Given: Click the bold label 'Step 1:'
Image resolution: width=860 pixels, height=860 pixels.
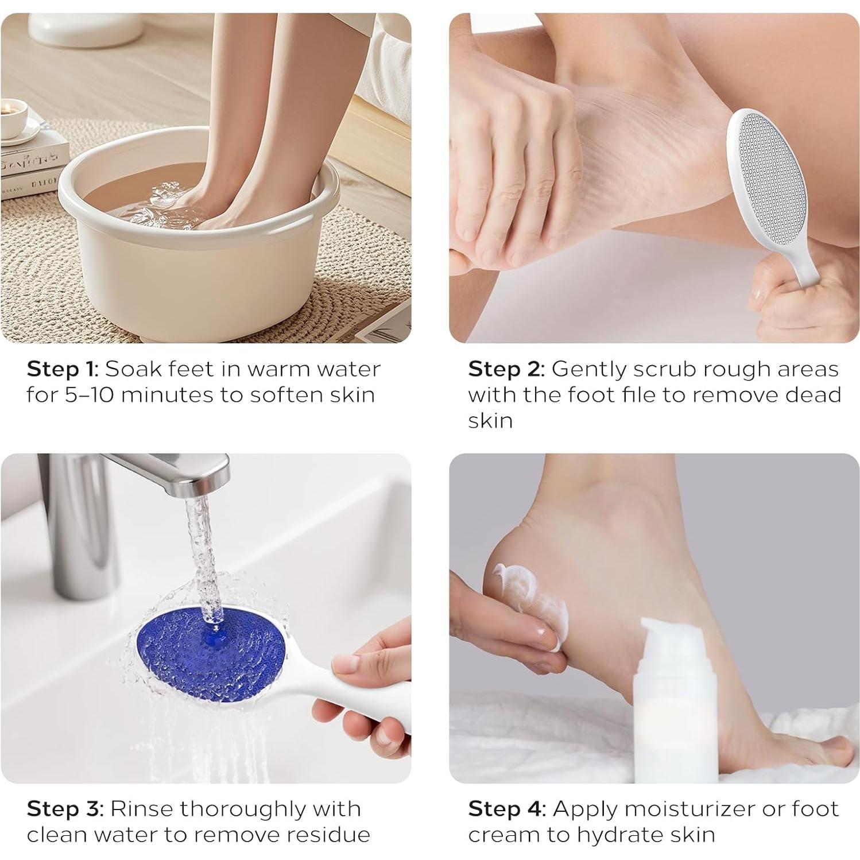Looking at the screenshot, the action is point(63,369).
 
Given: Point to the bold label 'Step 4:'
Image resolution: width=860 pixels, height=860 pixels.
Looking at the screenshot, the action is point(507,809).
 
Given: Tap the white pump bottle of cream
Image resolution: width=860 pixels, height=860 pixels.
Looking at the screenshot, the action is point(672,701).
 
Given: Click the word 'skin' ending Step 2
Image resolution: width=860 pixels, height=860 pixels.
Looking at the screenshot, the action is point(490,421).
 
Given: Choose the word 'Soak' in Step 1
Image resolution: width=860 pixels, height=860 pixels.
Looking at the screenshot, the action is point(129,369).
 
